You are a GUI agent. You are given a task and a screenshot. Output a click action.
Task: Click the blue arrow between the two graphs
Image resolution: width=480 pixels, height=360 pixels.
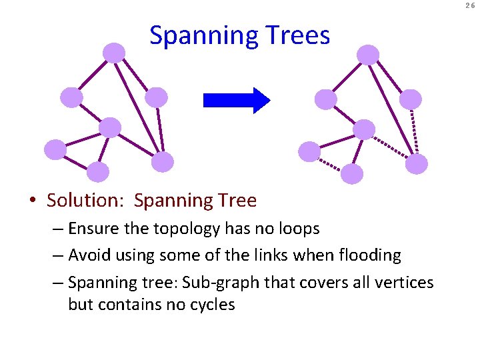tap(236, 100)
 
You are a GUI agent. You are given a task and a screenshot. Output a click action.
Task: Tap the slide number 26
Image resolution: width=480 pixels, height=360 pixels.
tap(471, 6)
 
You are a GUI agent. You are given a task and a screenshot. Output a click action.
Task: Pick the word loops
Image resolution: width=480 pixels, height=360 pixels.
tap(296, 229)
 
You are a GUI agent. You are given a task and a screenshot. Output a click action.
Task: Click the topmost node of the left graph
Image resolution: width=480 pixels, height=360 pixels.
tap(115, 53)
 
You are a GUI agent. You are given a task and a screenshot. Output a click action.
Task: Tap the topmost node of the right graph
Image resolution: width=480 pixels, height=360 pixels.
tap(368, 55)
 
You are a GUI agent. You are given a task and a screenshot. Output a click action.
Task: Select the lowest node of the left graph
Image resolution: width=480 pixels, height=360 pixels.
tap(97, 172)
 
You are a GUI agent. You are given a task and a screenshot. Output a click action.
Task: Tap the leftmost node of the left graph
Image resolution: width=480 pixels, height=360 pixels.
tap(55, 149)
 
